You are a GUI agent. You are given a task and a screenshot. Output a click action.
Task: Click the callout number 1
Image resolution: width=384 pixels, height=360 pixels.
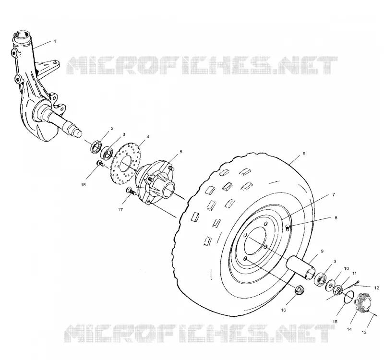click(x=55, y=41)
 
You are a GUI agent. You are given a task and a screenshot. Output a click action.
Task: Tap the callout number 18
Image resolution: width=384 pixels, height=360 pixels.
click(x=83, y=185)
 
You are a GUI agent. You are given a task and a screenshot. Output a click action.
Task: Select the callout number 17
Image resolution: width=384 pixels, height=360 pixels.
click(x=120, y=210)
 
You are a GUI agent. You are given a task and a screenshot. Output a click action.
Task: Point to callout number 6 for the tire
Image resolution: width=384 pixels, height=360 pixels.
click(x=304, y=154)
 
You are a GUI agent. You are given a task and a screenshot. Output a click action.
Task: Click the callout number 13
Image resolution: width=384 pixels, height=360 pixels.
click(x=364, y=332)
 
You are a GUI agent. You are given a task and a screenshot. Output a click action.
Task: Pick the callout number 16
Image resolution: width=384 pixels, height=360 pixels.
click(x=283, y=310)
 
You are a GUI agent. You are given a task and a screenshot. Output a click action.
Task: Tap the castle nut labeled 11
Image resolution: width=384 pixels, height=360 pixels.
click(x=338, y=290)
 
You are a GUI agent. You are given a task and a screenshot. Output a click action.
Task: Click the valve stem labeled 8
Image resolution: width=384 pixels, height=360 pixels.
click(x=288, y=228)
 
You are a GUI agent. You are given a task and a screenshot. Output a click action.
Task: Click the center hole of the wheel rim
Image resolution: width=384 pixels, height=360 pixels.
click(x=256, y=239)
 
